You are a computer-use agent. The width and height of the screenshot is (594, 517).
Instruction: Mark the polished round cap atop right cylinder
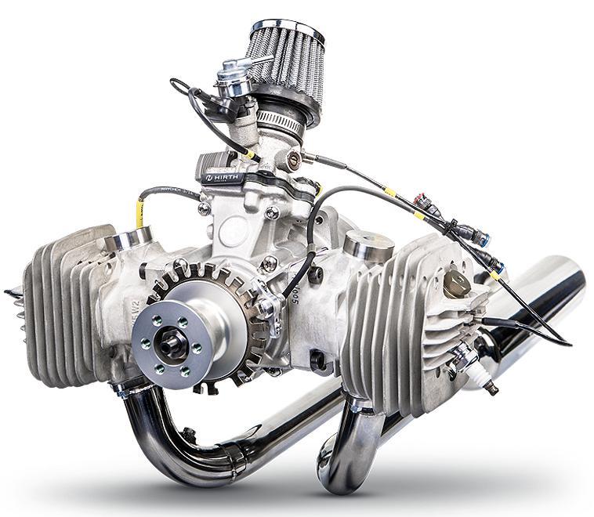click(x=368, y=245)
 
